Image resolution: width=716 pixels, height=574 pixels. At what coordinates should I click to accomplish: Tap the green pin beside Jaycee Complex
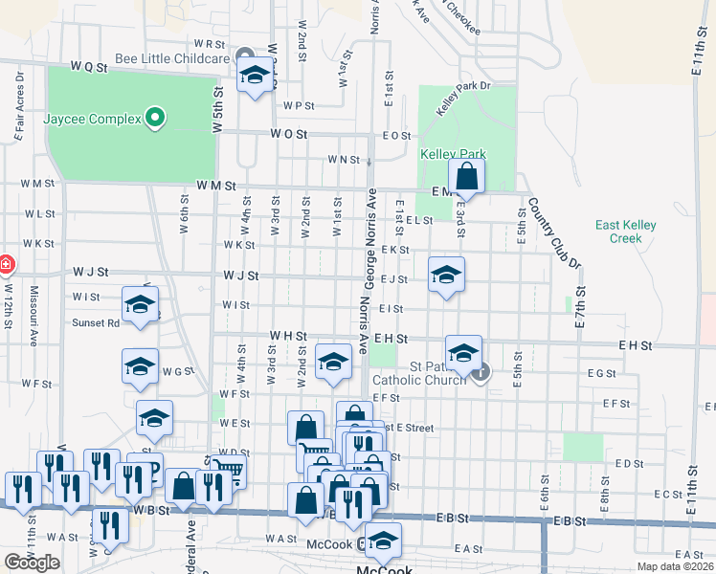(153, 120)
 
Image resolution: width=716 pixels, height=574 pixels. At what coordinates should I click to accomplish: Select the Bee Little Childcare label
(172, 57)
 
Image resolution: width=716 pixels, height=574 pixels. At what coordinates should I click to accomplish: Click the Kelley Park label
(453, 154)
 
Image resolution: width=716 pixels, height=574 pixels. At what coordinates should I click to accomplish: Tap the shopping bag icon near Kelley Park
(466, 177)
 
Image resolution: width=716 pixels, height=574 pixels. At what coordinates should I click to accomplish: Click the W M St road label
(215, 186)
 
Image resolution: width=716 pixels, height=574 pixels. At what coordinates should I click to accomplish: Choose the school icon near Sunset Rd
(141, 306)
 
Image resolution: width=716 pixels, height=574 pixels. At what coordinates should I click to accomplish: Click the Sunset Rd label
(96, 323)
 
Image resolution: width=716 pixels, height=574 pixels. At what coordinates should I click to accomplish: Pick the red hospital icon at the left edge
(5, 263)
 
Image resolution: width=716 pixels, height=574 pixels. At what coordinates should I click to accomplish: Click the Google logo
(33, 563)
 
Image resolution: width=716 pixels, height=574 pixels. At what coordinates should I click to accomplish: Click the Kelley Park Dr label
(463, 99)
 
